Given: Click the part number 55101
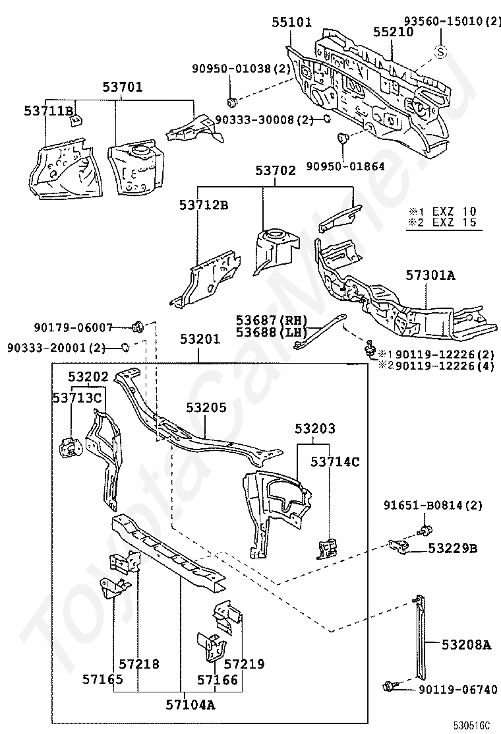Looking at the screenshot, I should pyautogui.click(x=292, y=22).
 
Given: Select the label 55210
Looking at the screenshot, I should pyautogui.click(x=394, y=31).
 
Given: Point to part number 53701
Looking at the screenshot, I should pyautogui.click(x=122, y=87).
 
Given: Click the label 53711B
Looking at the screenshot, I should pyautogui.click(x=49, y=111).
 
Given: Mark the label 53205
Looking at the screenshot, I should pyautogui.click(x=206, y=407).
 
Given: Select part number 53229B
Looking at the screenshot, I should pyautogui.click(x=453, y=548).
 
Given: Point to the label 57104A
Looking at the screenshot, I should pyautogui.click(x=191, y=704).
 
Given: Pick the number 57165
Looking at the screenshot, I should pyautogui.click(x=103, y=678).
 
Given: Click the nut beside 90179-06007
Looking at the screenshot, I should pyautogui.click(x=138, y=326).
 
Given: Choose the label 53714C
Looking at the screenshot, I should pyautogui.click(x=336, y=461).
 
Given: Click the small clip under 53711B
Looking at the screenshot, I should pyautogui.click(x=75, y=119).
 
